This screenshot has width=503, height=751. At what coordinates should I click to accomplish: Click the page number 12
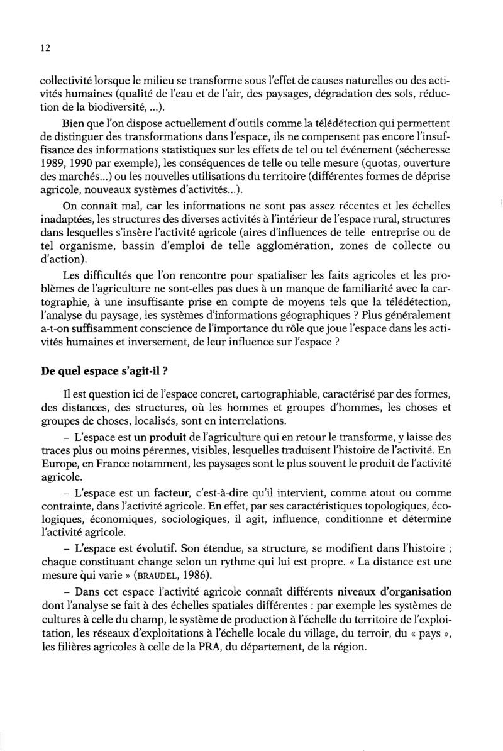(44, 48)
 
